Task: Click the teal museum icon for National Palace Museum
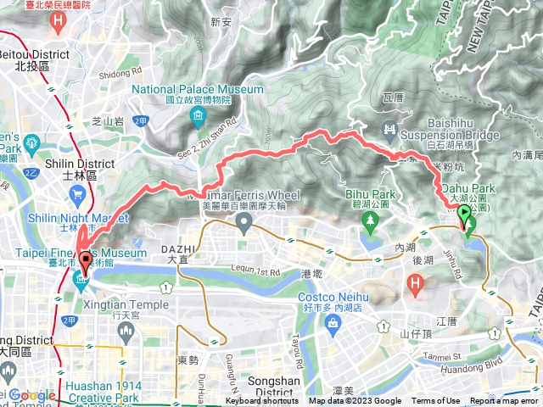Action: (199, 115)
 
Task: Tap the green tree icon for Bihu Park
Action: (369, 223)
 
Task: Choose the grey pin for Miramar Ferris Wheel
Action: (244, 223)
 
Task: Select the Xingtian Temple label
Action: (128, 304)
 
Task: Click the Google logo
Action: (32, 396)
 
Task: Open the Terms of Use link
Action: (435, 401)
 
